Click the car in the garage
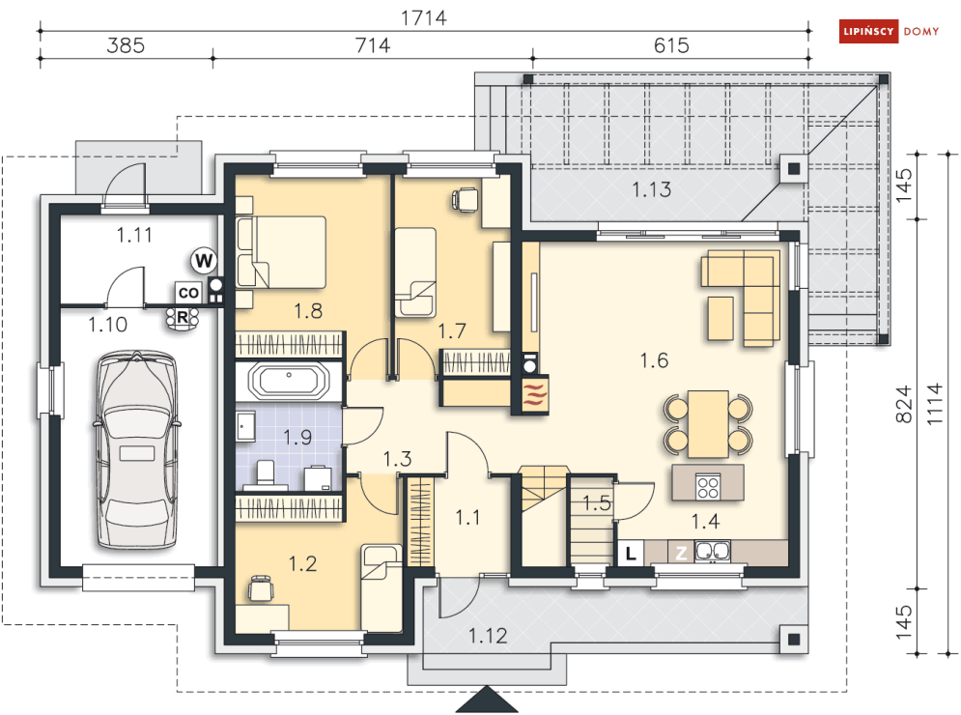(x=137, y=449)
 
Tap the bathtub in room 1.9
(x=289, y=381)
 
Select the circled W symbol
(x=204, y=261)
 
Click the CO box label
(x=188, y=293)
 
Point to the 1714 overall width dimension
(x=423, y=18)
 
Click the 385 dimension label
(x=126, y=45)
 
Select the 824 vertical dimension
(x=904, y=404)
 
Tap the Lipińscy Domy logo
(x=889, y=31)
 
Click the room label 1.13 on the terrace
(x=652, y=189)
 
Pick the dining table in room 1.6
(x=708, y=424)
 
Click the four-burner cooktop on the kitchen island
(x=708, y=486)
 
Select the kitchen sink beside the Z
(x=713, y=552)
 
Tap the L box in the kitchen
(x=630, y=553)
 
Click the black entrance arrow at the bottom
(x=487, y=700)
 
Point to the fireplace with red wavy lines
(x=534, y=394)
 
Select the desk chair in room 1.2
(x=261, y=588)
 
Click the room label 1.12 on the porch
(x=488, y=636)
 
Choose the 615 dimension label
(x=671, y=45)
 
